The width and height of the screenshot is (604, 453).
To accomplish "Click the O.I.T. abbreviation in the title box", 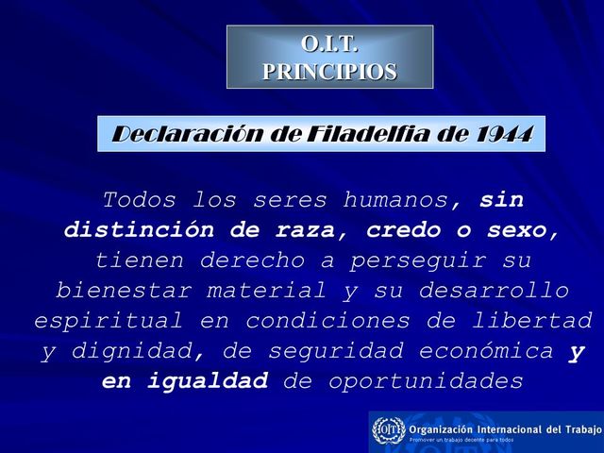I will click(329, 43).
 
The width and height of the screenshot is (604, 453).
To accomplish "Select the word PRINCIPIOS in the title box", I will click(329, 71).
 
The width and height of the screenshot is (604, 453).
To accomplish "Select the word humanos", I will click(406, 200).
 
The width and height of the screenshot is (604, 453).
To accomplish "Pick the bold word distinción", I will click(134, 230).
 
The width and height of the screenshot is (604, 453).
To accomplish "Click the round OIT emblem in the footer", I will click(388, 430).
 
